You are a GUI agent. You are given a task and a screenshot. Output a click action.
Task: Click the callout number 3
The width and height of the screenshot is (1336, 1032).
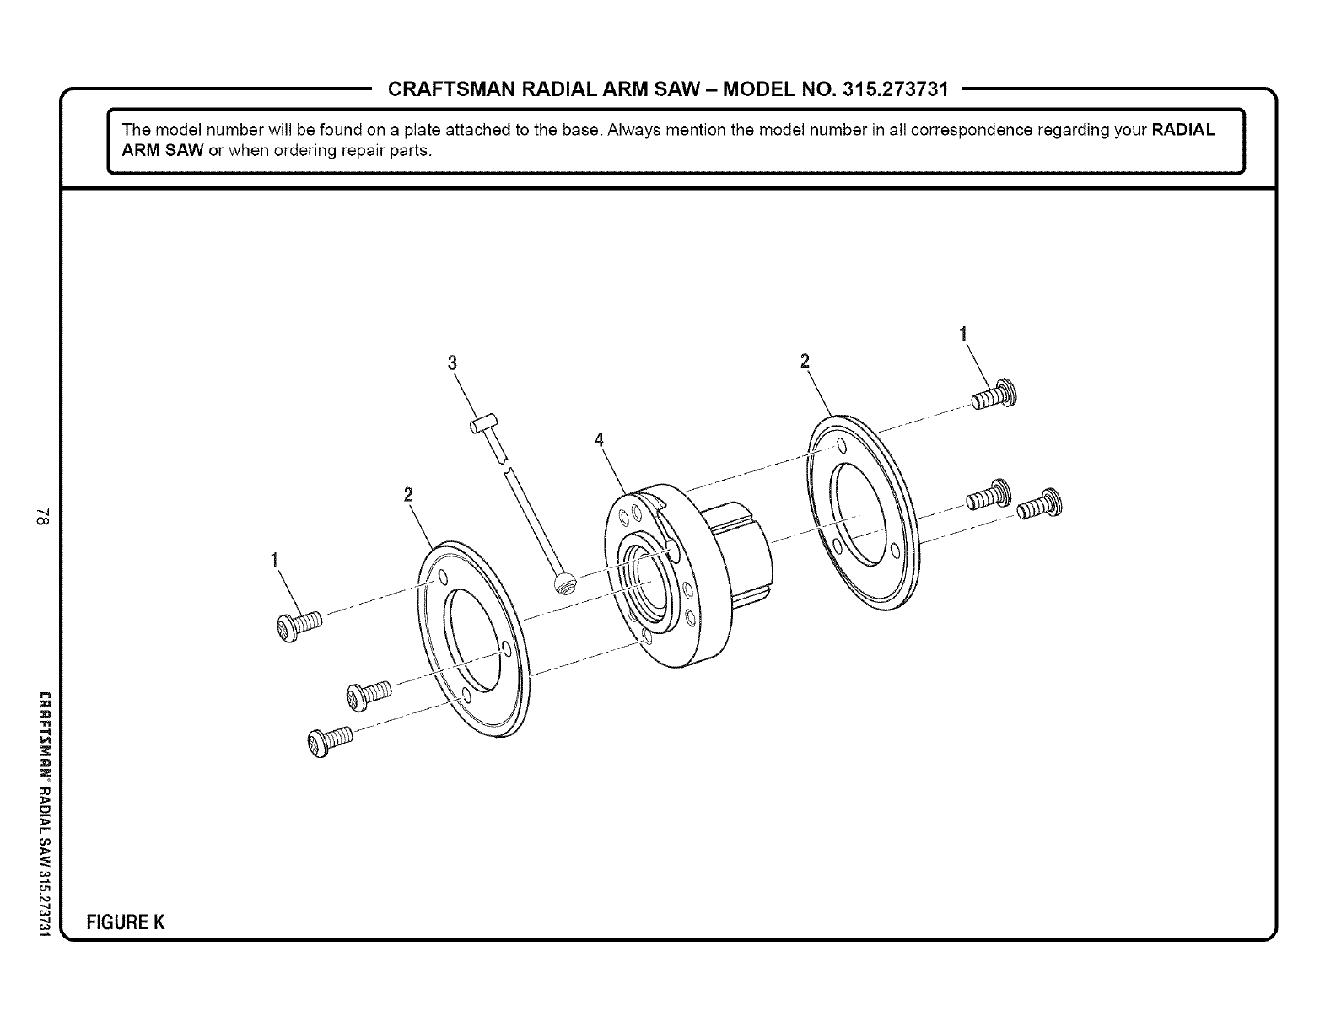452,363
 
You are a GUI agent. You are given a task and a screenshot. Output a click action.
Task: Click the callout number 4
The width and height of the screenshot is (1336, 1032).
600,440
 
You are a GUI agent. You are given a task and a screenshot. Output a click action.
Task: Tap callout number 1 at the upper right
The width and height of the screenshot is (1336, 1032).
962,332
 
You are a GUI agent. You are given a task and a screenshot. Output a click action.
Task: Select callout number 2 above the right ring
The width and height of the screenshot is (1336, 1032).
804,361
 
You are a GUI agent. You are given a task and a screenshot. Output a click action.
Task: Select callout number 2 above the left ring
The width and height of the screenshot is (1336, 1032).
407,495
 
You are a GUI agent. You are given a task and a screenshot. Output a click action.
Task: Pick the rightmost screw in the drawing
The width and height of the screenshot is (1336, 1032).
1040,504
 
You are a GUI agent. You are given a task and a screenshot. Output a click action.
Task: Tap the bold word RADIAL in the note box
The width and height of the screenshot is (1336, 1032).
1182,131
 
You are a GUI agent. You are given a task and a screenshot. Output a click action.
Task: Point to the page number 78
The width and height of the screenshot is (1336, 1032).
44,516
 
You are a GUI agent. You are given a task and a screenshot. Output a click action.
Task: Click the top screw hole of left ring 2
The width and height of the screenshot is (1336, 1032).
440,579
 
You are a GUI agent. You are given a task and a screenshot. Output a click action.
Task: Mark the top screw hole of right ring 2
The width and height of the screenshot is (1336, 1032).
841,446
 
